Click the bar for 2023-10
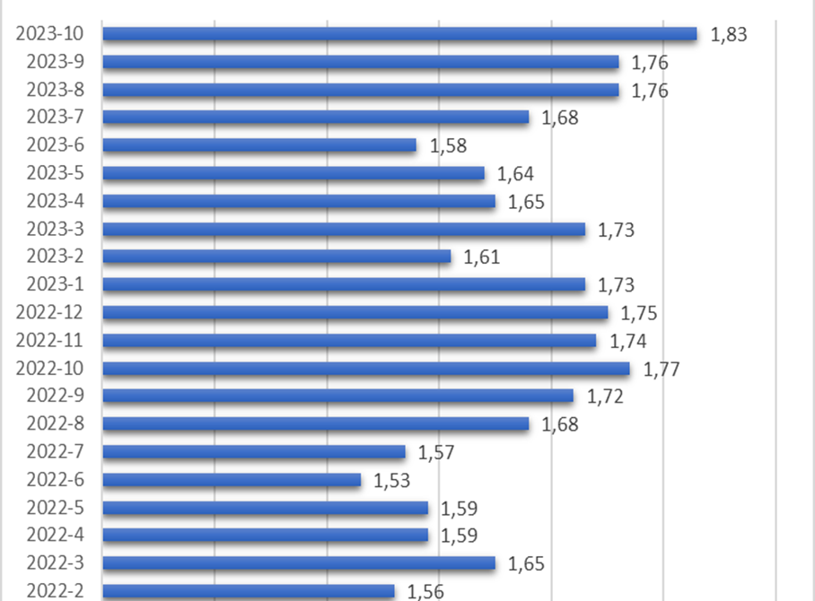(x=399, y=34)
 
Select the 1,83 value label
(x=729, y=35)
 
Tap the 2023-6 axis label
(x=55, y=145)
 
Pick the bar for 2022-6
(x=232, y=480)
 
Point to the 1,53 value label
(x=392, y=481)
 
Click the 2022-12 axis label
(x=49, y=312)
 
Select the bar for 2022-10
(x=366, y=369)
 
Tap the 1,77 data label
(x=662, y=369)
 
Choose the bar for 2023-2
(x=276, y=257)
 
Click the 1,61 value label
(x=481, y=257)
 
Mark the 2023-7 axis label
(x=55, y=118)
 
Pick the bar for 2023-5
(x=294, y=173)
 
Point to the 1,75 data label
(x=639, y=313)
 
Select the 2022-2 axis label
(x=55, y=590)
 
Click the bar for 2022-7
(x=254, y=452)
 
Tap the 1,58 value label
(x=449, y=146)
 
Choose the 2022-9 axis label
(x=55, y=396)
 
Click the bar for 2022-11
(x=349, y=341)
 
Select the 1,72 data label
(x=605, y=396)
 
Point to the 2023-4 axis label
(x=55, y=201)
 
